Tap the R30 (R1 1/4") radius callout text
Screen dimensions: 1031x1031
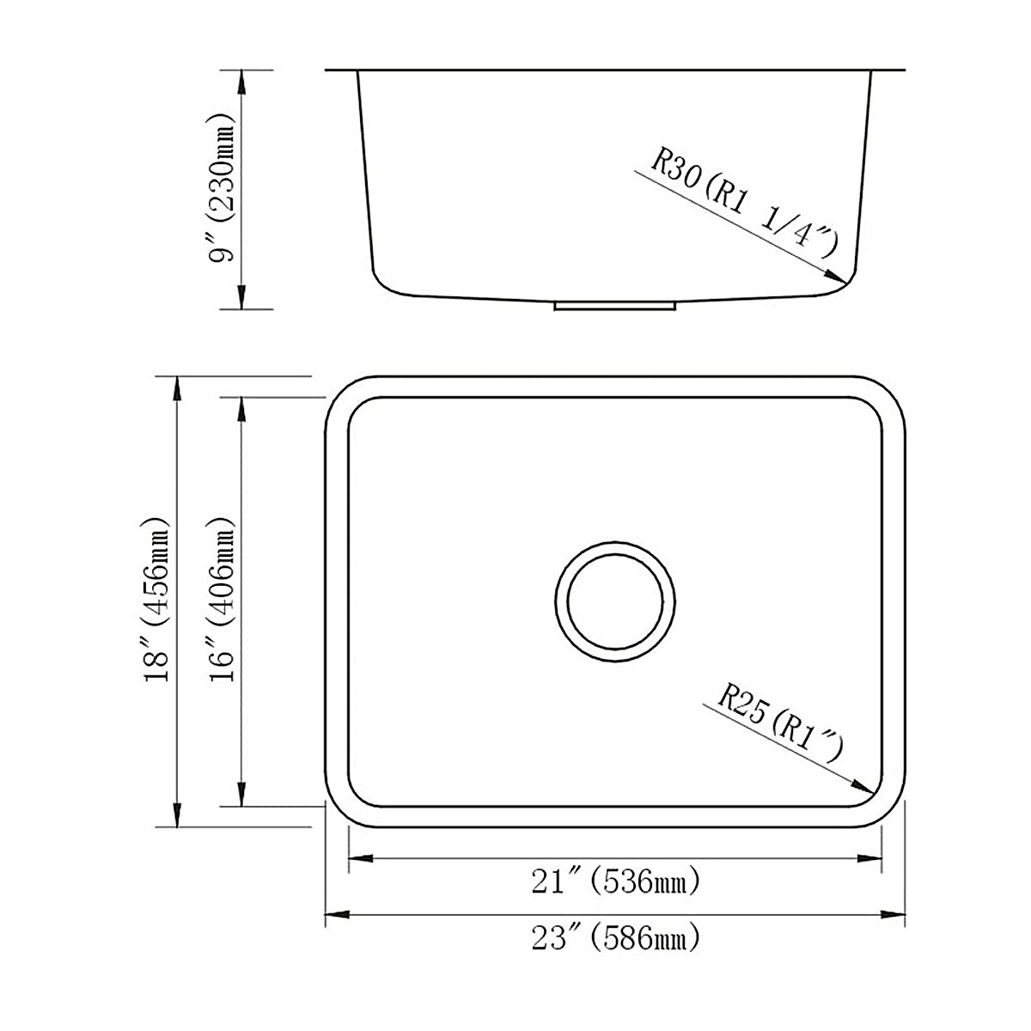point(742,204)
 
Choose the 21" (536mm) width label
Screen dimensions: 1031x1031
point(615,882)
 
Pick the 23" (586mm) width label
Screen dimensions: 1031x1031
point(615,938)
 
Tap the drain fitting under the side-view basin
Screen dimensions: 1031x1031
point(615,304)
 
